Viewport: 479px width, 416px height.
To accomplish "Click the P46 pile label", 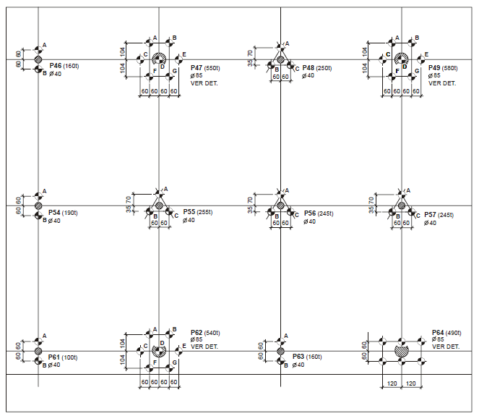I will coord(55,66).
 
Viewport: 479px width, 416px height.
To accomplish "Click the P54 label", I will coord(55,213).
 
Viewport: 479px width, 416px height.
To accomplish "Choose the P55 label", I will coord(189,213).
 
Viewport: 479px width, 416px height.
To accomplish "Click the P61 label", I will coord(55,357).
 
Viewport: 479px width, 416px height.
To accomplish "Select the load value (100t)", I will coord(71,357).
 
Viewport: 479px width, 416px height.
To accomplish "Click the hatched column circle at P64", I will coord(401,350).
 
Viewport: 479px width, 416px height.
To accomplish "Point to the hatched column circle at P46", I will coord(38,59).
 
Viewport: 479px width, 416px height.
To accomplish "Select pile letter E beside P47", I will coord(184,55).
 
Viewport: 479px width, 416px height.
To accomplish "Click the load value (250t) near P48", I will coord(324,67).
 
